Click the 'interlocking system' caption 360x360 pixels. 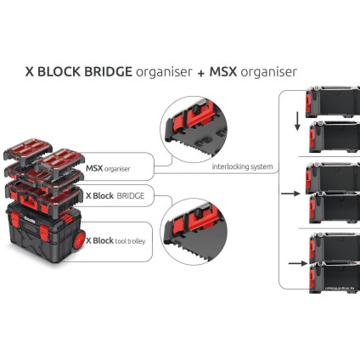(243, 166)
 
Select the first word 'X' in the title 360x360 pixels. (31, 72)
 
